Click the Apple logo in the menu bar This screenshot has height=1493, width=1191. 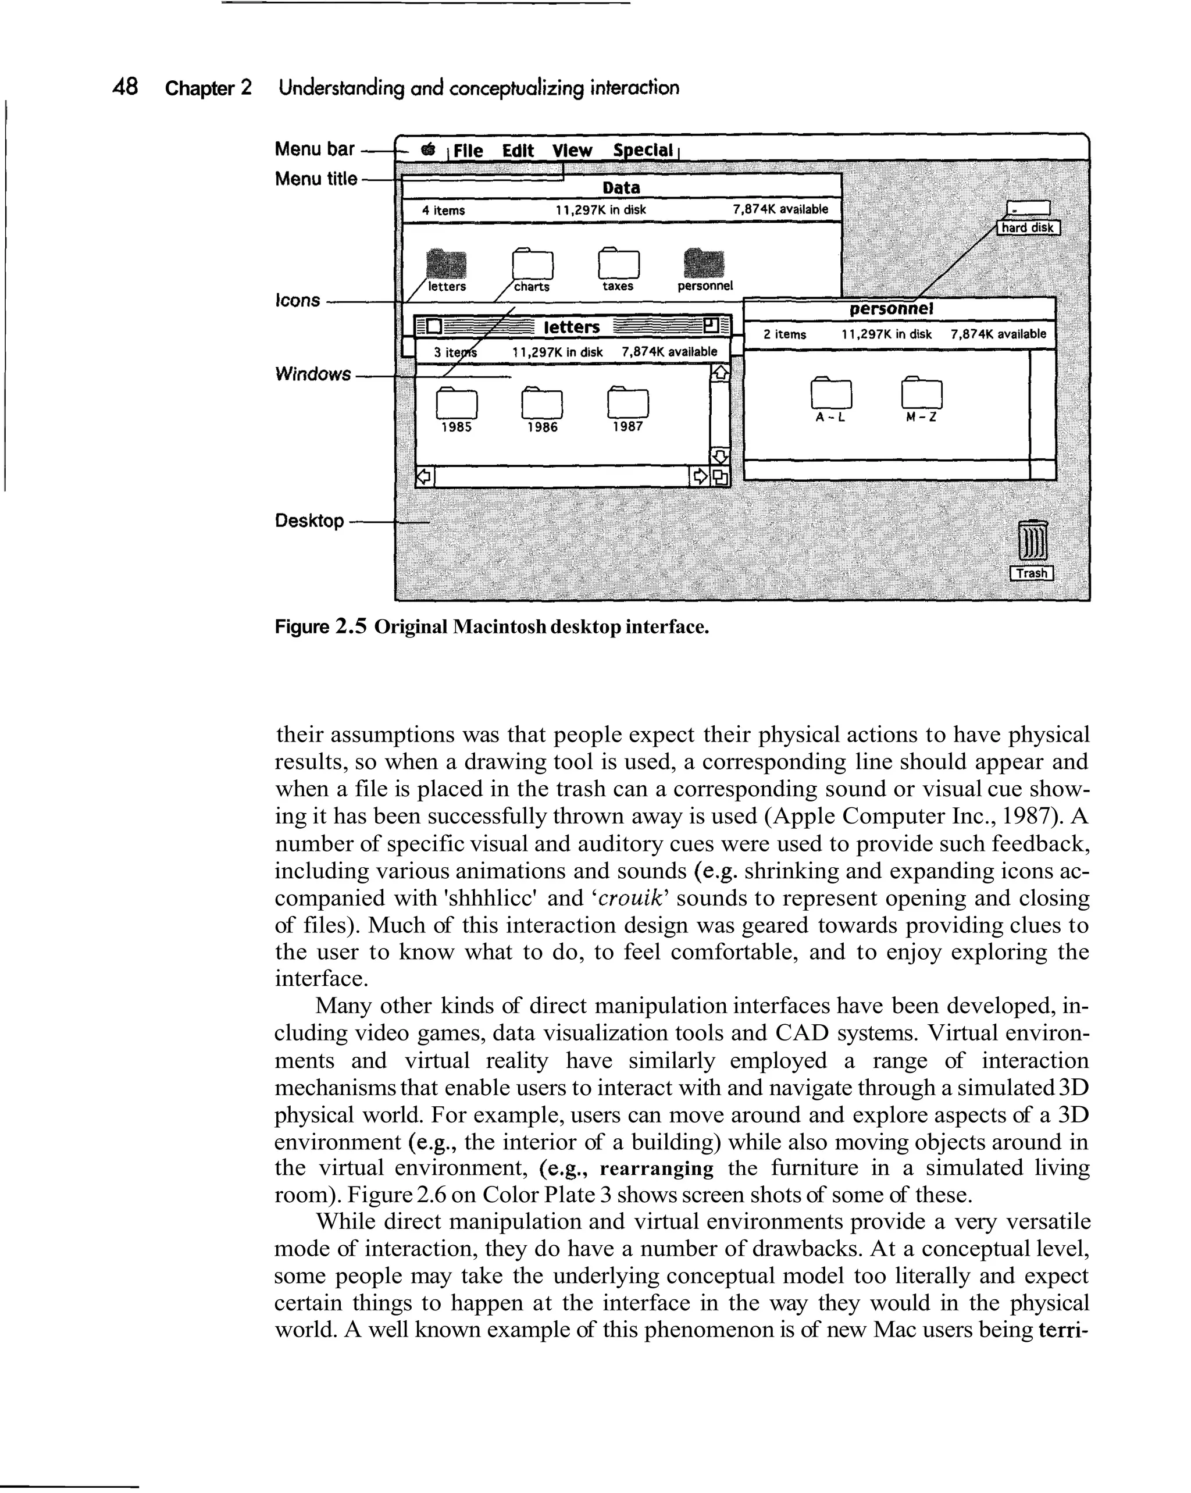click(429, 148)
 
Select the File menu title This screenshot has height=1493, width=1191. click(468, 150)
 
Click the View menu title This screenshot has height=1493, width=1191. click(572, 150)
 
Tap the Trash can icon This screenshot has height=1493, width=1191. click(1032, 541)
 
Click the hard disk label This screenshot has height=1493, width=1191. click(1028, 228)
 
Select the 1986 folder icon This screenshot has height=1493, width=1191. click(541, 403)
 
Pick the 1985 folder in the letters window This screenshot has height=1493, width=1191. click(457, 403)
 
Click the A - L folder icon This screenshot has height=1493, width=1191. click(831, 393)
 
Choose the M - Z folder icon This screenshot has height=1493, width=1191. click(922, 393)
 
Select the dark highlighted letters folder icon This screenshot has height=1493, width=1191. click(446, 264)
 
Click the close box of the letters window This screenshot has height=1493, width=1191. click(433, 326)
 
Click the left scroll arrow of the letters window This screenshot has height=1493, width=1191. click(424, 476)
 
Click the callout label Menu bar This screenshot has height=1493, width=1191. click(315, 149)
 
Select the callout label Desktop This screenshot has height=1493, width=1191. click(309, 520)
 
